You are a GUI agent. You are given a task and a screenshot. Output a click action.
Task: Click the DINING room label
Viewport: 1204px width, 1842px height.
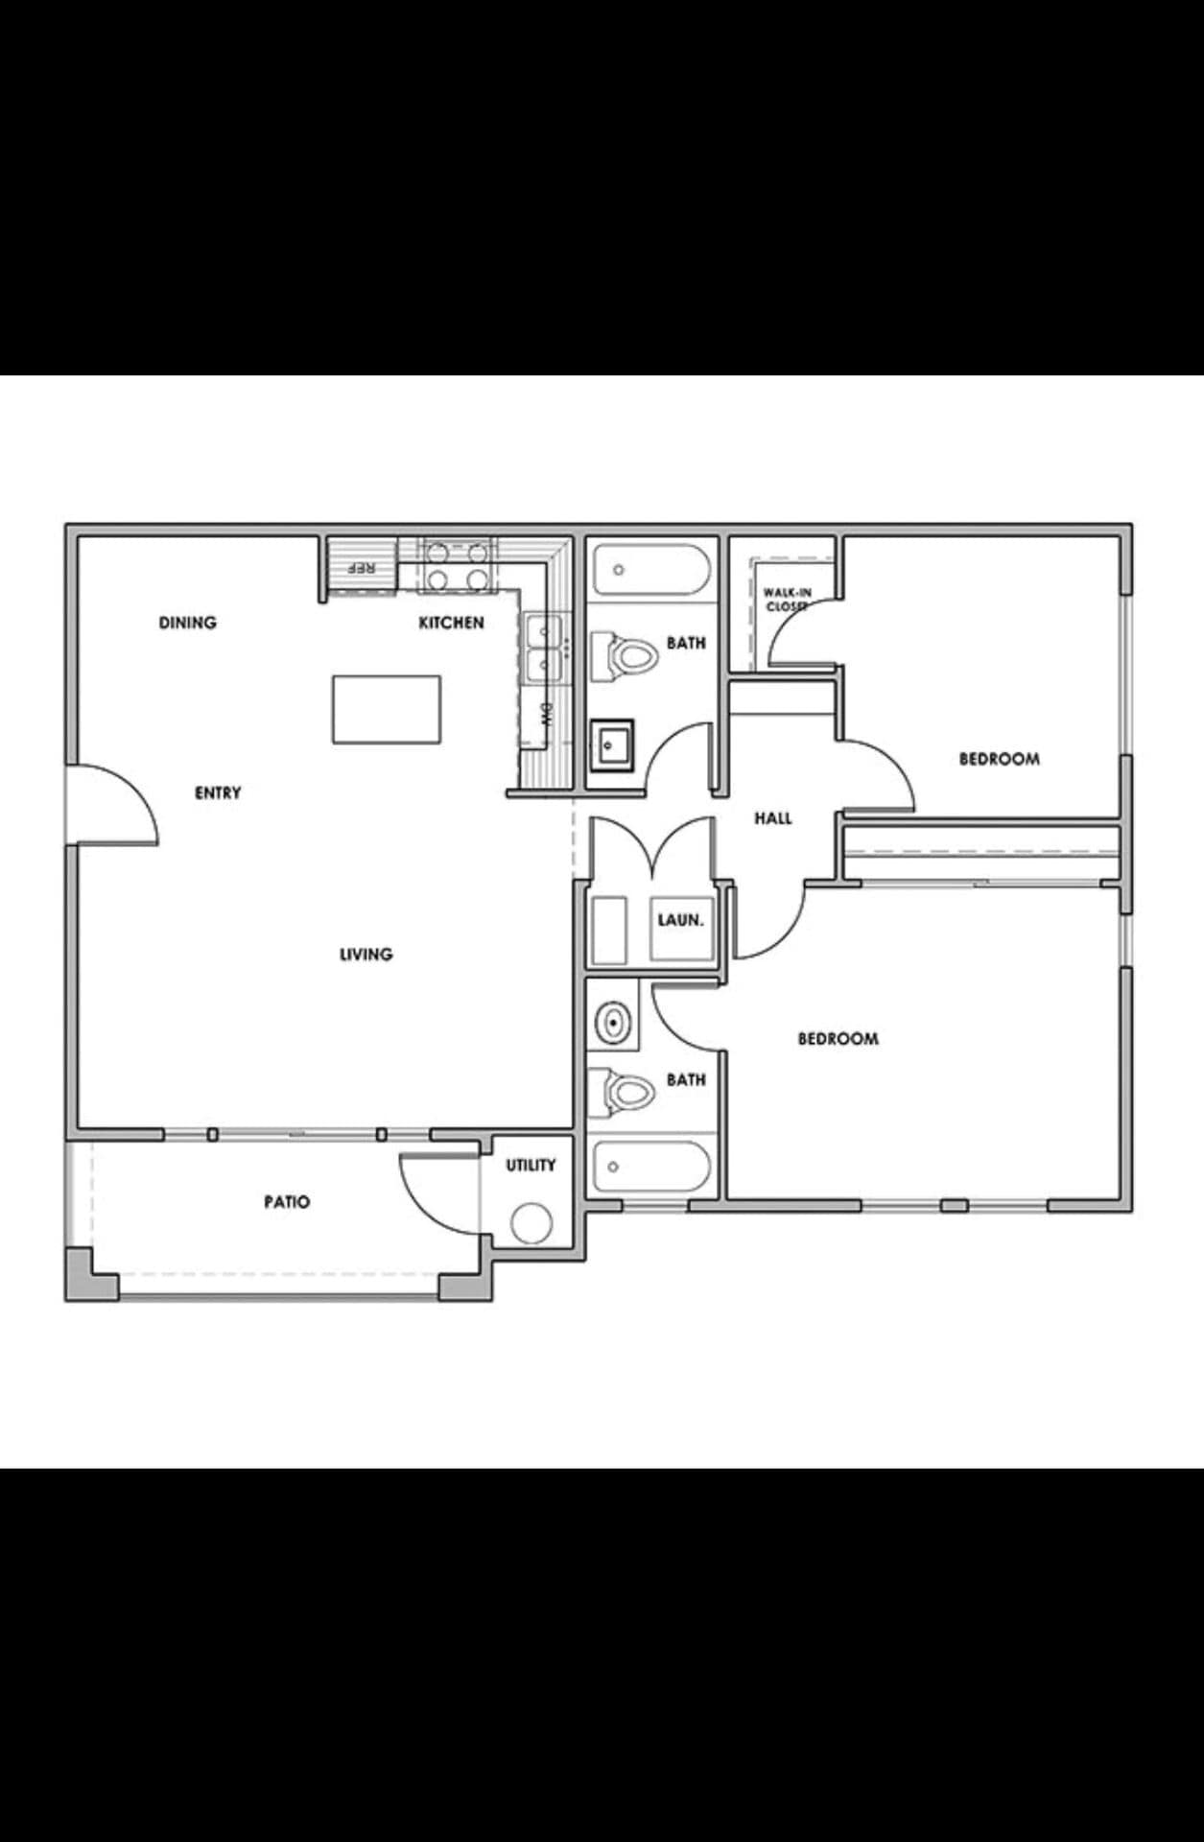pyautogui.click(x=188, y=623)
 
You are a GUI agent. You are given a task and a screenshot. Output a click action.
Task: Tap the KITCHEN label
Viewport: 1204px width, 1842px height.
pyautogui.click(x=451, y=623)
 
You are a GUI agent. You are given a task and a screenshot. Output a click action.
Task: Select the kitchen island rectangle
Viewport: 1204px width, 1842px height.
pyautogui.click(x=387, y=709)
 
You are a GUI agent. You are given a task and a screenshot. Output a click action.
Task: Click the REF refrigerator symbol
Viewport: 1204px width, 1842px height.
pyautogui.click(x=362, y=568)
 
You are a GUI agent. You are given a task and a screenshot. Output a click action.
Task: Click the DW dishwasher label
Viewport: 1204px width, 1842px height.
pyautogui.click(x=548, y=713)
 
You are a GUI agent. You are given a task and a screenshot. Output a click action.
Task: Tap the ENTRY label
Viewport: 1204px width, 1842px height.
pyautogui.click(x=218, y=792)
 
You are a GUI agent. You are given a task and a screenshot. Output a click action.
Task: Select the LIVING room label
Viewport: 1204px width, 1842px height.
pyautogui.click(x=366, y=954)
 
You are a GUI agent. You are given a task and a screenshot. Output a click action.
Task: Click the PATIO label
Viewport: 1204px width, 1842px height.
pyautogui.click(x=287, y=1201)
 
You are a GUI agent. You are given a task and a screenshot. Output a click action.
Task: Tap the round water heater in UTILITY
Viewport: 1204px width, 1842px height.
pyautogui.click(x=531, y=1223)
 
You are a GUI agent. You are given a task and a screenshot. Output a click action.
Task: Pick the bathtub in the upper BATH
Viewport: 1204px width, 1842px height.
pyautogui.click(x=650, y=570)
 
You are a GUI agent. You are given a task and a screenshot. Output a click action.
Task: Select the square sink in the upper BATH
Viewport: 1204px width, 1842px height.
pyautogui.click(x=611, y=744)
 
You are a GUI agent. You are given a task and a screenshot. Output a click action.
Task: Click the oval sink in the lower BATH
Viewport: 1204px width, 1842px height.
pyautogui.click(x=612, y=1023)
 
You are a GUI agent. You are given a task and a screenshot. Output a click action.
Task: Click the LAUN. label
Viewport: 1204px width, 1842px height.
pyautogui.click(x=680, y=920)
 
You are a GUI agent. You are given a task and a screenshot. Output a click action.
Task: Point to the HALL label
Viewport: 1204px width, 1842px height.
pyautogui.click(x=772, y=818)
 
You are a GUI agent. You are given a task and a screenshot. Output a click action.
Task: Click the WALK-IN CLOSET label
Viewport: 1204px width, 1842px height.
pyautogui.click(x=788, y=600)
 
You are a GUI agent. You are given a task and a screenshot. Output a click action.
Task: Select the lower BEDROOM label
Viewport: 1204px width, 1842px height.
pyautogui.click(x=838, y=1038)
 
